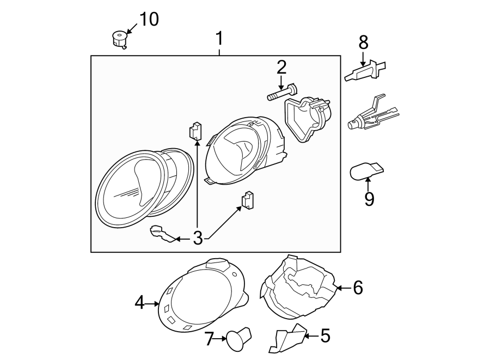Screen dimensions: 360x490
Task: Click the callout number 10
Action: [x=149, y=20]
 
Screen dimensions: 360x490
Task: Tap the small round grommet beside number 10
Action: [x=118, y=39]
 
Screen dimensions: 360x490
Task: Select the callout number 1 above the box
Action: [x=219, y=39]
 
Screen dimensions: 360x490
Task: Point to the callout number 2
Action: [x=281, y=68]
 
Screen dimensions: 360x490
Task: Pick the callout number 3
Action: [x=197, y=238]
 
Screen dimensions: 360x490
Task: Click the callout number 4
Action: [x=140, y=302]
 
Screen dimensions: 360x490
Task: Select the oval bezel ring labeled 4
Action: [x=201, y=297]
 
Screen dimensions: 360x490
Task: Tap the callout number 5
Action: [x=324, y=336]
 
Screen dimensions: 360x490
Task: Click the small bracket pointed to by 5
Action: [x=287, y=338]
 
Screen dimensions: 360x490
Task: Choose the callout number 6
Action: [x=357, y=288]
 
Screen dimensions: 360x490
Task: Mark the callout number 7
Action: [x=209, y=338]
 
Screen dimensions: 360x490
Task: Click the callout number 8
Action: [x=363, y=41]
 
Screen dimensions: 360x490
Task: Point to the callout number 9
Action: [x=369, y=199]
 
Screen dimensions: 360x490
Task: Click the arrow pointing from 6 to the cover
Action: [x=342, y=287]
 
